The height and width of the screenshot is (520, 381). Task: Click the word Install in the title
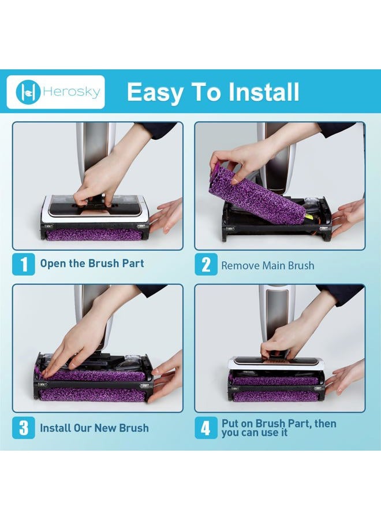(259, 92)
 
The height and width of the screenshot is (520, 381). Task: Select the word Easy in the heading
(154, 92)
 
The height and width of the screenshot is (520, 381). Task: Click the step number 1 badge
(24, 265)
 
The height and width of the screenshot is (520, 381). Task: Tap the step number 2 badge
(206, 265)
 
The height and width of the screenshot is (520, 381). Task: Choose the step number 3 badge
(24, 428)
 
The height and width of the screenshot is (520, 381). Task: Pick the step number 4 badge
(206, 428)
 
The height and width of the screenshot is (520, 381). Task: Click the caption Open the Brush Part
(92, 263)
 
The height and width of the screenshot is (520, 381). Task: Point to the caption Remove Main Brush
(268, 266)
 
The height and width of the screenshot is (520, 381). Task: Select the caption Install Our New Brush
(94, 428)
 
